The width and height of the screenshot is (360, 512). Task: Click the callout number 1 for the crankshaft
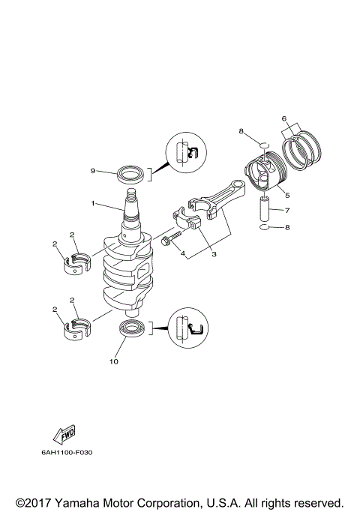pyautogui.click(x=93, y=203)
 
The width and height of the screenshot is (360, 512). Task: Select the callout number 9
pyautogui.click(x=93, y=171)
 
